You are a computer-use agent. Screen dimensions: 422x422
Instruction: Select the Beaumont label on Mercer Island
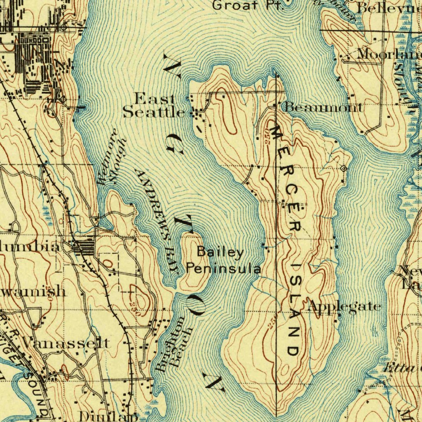324,108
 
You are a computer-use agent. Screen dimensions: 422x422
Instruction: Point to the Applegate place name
344,307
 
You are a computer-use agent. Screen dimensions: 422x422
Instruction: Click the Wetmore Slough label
111,157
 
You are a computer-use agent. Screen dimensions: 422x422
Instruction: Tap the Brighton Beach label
175,345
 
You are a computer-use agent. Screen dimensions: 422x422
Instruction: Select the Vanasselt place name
66,342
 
